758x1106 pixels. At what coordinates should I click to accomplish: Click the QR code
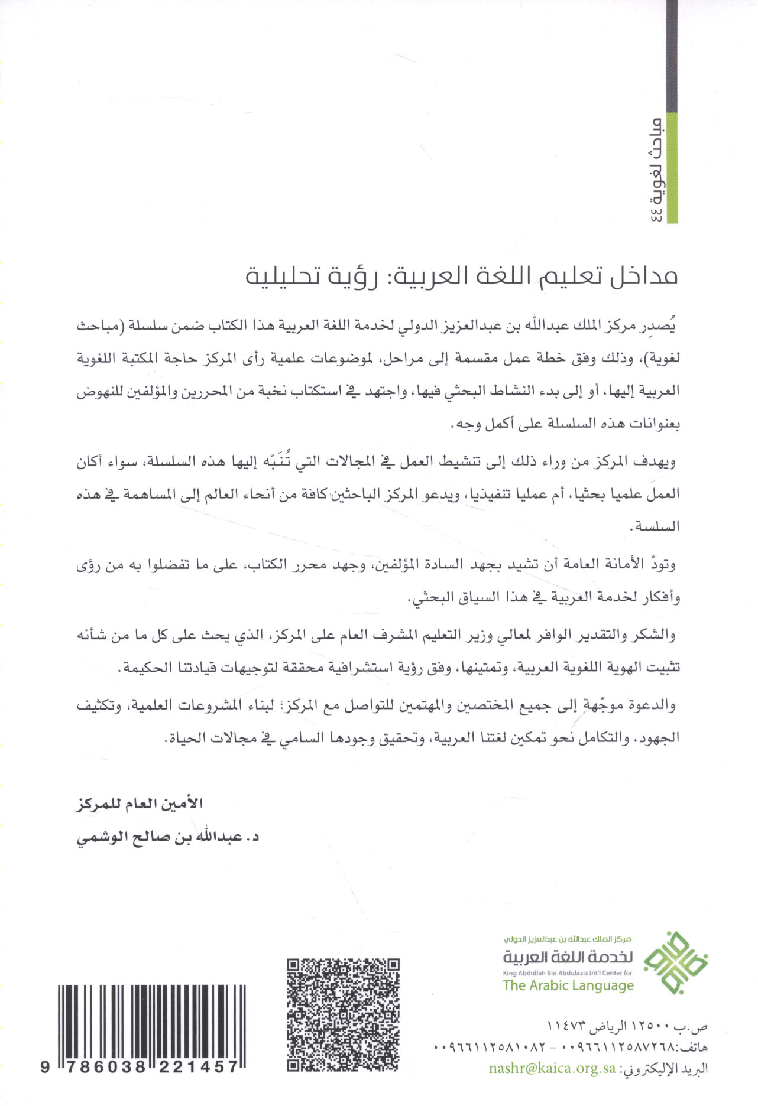[342, 1015]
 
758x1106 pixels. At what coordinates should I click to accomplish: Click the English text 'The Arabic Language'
[568, 985]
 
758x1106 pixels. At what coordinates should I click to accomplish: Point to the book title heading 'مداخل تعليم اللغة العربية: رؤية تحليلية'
[461, 276]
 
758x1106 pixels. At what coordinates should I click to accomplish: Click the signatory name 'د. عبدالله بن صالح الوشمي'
[169, 837]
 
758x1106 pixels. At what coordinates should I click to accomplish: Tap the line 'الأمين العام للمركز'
[140, 804]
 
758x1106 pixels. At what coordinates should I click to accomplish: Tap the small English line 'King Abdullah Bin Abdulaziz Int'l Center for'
[567, 972]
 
